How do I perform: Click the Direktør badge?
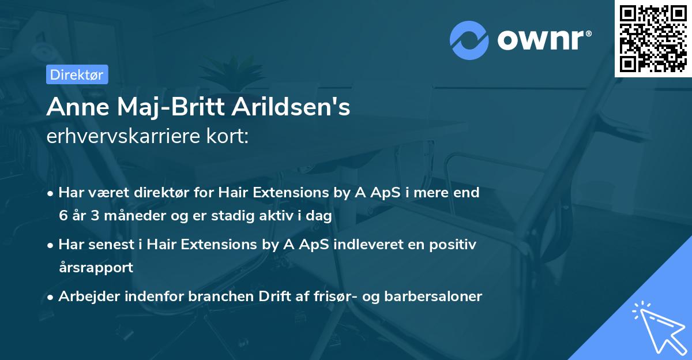pyautogui.click(x=76, y=75)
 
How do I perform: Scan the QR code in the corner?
pyautogui.click(x=653, y=38)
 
